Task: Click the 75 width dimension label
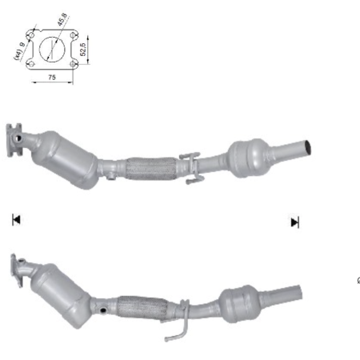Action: pos(52,78)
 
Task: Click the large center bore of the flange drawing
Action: pos(53,48)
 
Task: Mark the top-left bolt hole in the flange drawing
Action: pos(31,35)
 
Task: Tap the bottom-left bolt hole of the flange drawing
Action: pos(31,63)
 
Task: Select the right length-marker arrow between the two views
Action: pos(294,222)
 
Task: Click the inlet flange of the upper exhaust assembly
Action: pos(14,138)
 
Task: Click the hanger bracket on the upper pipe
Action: pos(190,168)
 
